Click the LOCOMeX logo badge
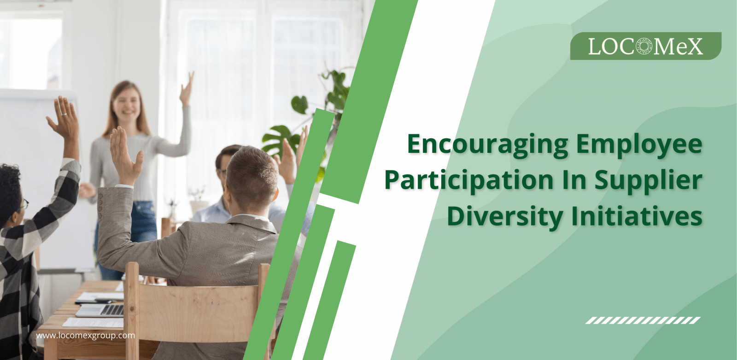(645, 46)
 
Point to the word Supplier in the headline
(648, 180)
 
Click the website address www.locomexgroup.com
(86, 335)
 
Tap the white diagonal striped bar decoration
(643, 320)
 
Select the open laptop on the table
(100, 310)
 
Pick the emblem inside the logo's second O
(644, 46)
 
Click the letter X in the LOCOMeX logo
(693, 46)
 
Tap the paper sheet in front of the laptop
(94, 323)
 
